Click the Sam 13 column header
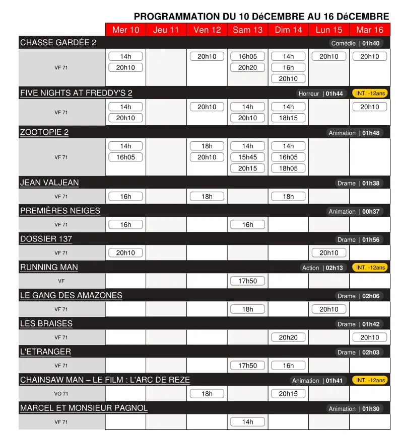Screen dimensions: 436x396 247,30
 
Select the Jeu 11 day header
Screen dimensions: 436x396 166,30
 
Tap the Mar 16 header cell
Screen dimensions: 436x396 370,30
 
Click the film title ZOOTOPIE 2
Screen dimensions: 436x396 44,132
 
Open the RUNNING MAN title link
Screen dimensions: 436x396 49,267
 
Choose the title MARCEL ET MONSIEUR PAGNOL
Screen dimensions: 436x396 84,408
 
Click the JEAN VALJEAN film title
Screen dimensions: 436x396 49,183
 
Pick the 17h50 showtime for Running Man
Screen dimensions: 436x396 247,281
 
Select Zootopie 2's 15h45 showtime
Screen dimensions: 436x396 247,157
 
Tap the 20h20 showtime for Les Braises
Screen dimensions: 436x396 288,337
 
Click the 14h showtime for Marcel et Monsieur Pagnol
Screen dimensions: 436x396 247,422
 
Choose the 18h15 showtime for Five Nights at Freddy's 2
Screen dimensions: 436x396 288,118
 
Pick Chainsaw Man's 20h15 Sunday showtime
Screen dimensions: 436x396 288,394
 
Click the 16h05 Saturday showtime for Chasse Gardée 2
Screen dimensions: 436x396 247,57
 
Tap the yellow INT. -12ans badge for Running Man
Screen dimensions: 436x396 370,268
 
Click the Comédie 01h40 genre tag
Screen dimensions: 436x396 355,43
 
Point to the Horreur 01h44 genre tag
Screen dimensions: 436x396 320,94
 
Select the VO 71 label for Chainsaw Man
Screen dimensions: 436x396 61,394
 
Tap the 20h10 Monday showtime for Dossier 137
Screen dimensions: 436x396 329,253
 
